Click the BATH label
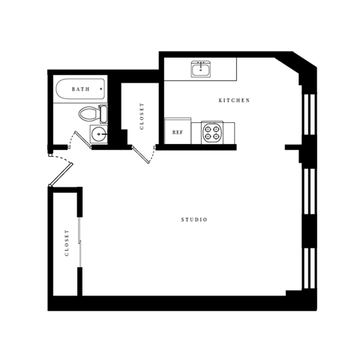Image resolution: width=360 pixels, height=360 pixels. click(x=80, y=89)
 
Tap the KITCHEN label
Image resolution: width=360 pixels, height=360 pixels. click(x=234, y=100)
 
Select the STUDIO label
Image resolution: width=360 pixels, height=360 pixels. click(x=194, y=220)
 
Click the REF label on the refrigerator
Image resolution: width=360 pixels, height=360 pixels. click(x=178, y=132)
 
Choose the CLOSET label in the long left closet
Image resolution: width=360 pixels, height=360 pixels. click(x=66, y=243)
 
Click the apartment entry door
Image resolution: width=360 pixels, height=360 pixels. click(x=59, y=171)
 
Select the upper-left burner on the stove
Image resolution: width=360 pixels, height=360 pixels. click(x=208, y=127)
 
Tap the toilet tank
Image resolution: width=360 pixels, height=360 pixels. click(x=103, y=114)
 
